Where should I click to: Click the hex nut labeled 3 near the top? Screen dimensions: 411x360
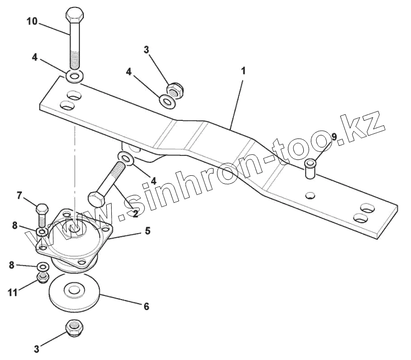(x=176, y=90)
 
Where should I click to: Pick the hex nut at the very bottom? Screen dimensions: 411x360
(x=75, y=327)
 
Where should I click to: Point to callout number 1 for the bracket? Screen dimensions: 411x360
(x=243, y=71)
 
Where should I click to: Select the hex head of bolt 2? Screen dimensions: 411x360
(x=96, y=198)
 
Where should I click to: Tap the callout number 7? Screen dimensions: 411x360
(x=20, y=195)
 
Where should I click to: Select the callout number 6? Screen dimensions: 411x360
(x=146, y=306)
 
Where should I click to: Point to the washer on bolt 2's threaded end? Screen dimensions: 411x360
(x=125, y=158)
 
